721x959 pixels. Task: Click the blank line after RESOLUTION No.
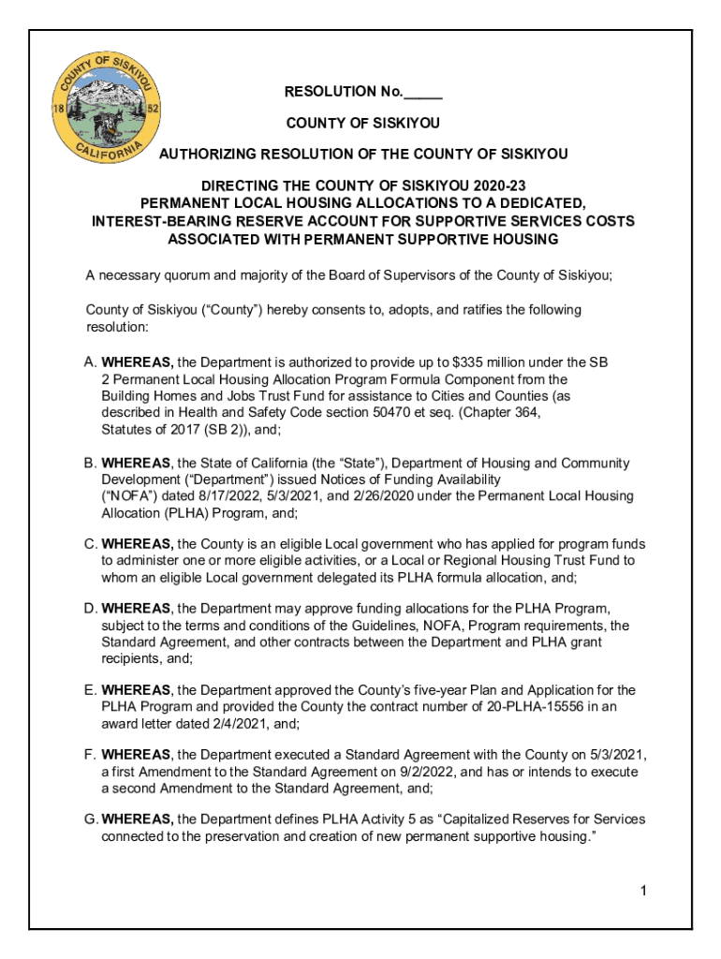(x=423, y=92)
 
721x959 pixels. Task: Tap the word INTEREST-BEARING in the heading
(x=156, y=221)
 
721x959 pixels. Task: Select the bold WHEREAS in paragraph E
(x=137, y=691)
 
